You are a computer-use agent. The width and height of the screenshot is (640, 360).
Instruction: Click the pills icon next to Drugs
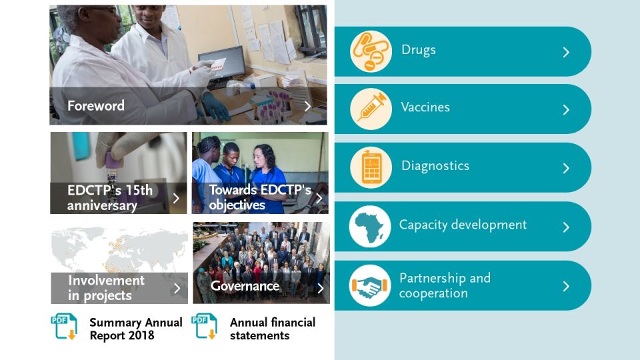pyautogui.click(x=371, y=51)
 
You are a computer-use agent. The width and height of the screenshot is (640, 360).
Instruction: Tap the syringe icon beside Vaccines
pyautogui.click(x=371, y=109)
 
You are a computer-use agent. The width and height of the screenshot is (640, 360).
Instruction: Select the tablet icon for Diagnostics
pyautogui.click(x=371, y=167)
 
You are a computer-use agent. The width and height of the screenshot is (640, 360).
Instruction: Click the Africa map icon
pyautogui.click(x=370, y=226)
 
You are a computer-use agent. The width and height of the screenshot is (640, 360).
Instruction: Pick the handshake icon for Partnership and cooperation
pyautogui.click(x=370, y=285)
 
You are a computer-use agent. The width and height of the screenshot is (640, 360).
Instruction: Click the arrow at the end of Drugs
pyautogui.click(x=566, y=52)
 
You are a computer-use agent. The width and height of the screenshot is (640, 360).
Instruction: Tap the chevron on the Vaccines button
pyautogui.click(x=566, y=109)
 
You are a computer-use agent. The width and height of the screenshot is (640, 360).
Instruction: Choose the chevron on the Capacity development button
pyautogui.click(x=566, y=227)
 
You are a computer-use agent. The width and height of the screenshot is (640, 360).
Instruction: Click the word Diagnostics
pyautogui.click(x=435, y=166)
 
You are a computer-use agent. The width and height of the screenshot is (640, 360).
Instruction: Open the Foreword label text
pyautogui.click(x=96, y=106)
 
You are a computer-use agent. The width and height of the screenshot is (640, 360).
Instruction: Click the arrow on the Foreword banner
pyautogui.click(x=308, y=106)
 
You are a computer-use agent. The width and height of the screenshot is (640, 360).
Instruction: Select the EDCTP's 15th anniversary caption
pyautogui.click(x=110, y=197)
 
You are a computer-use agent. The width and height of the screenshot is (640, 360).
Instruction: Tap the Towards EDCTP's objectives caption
pyautogui.click(x=260, y=197)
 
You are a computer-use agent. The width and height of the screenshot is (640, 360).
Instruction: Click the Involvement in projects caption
pyautogui.click(x=106, y=288)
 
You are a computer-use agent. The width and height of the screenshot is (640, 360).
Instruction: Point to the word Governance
pyautogui.click(x=245, y=286)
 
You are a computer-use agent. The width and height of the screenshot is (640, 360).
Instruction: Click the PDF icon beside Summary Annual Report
pyautogui.click(x=64, y=326)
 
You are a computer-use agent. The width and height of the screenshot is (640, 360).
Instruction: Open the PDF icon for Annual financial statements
pyautogui.click(x=205, y=326)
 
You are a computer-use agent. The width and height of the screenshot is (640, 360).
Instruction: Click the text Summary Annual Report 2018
pyautogui.click(x=136, y=329)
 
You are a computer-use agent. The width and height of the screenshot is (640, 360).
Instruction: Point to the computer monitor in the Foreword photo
pyautogui.click(x=223, y=65)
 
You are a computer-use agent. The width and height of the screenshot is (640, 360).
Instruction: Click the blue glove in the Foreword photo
pyautogui.click(x=216, y=107)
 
